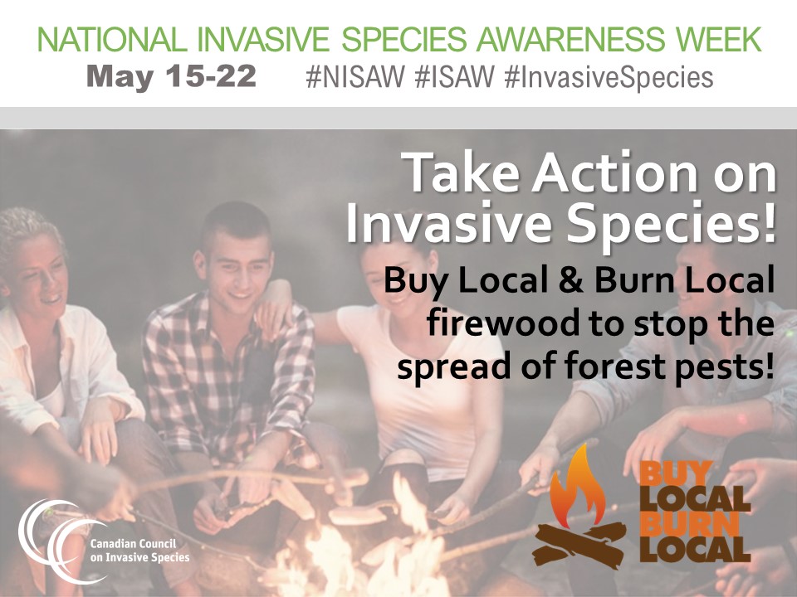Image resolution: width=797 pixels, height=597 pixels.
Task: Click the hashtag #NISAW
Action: (354, 77)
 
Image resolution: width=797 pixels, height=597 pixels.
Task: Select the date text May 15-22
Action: (171, 77)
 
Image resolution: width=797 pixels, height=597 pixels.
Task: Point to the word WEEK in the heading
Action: (720, 39)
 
